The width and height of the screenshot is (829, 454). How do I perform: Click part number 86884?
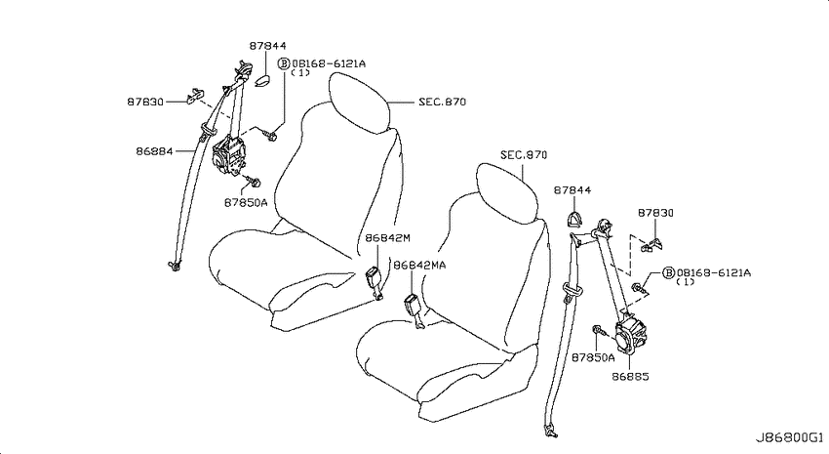[154, 151]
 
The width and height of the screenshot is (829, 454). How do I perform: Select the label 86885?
[631, 377]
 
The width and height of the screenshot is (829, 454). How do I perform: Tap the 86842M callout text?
[387, 238]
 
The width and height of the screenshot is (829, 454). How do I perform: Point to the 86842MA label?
[419, 265]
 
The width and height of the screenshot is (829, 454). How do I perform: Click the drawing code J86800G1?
[789, 437]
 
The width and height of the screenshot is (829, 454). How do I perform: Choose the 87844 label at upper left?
[268, 46]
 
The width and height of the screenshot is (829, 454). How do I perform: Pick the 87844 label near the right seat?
[572, 190]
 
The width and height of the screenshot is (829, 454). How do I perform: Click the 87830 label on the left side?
[145, 102]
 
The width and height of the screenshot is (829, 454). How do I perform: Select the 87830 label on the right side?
[655, 213]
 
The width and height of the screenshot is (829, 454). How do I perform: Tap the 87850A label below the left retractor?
[246, 202]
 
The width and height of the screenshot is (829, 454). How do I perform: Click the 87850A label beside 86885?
[593, 357]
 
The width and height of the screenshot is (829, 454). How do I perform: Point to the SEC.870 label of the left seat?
[443, 102]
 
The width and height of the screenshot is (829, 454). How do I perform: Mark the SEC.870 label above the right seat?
[524, 155]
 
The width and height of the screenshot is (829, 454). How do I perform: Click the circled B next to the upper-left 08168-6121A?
[284, 64]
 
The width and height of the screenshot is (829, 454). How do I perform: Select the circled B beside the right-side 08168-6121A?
[669, 273]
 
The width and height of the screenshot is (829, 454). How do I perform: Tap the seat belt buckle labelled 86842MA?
[414, 311]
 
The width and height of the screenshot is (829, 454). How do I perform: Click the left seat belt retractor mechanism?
[229, 156]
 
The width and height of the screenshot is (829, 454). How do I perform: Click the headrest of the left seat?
[361, 102]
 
